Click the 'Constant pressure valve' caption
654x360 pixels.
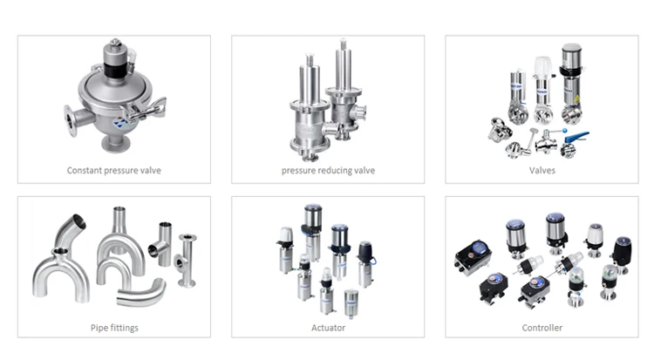114,170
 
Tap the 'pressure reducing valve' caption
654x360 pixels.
328,170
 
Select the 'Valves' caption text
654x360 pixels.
542,170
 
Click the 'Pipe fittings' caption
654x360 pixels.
114,328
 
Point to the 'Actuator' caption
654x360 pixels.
328,328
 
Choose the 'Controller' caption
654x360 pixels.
542,328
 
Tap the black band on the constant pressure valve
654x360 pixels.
115,69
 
